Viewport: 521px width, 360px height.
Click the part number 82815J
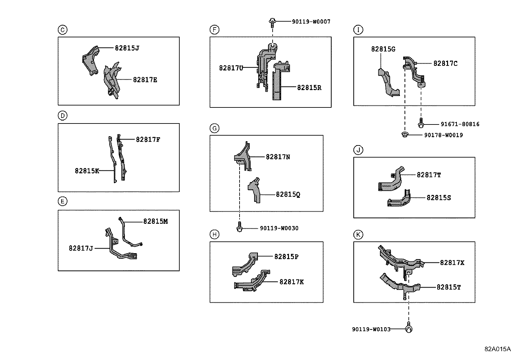click(127, 48)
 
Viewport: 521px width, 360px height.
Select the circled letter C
click(62, 30)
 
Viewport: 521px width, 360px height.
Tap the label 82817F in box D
click(148, 140)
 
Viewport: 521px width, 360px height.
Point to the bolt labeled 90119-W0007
click(272, 22)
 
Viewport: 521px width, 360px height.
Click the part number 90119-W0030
click(279, 228)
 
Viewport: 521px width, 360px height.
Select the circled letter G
click(214, 128)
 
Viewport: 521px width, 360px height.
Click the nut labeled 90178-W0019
click(405, 135)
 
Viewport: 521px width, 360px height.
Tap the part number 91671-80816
click(460, 124)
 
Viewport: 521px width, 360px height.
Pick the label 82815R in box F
click(309, 88)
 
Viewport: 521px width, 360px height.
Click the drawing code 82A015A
click(497, 349)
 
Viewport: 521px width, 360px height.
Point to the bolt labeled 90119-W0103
click(408, 329)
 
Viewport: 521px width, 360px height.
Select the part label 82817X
click(452, 263)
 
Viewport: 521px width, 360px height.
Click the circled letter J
click(358, 150)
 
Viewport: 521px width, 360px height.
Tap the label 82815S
click(439, 198)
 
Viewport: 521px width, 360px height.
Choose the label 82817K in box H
click(291, 282)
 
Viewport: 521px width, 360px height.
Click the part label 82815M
click(155, 221)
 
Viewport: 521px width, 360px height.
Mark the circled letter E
click(62, 201)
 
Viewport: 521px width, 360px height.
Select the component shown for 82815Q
click(255, 191)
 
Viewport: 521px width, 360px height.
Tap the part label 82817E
click(145, 80)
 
